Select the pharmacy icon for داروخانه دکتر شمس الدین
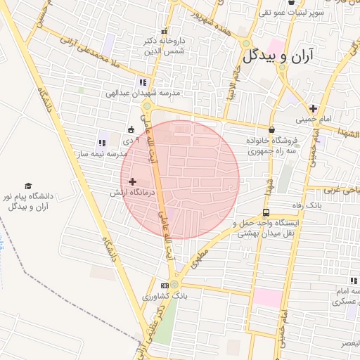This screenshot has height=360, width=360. (x=165, y=32)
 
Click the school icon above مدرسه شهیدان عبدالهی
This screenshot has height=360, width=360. (x=144, y=82)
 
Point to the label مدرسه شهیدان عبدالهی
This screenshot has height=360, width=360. (x=143, y=93)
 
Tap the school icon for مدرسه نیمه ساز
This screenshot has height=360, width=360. (x=103, y=143)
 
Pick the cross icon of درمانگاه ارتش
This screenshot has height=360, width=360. (x=132, y=182)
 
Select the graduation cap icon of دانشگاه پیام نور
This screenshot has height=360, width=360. (x=28, y=186)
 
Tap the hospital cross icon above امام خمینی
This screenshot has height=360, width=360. (x=314, y=108)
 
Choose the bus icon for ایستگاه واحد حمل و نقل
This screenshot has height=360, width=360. (x=266, y=212)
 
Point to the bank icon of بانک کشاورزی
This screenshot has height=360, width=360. (x=165, y=285)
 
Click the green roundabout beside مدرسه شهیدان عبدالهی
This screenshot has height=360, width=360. (x=147, y=106)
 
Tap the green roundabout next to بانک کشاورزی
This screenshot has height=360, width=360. (x=174, y=285)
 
